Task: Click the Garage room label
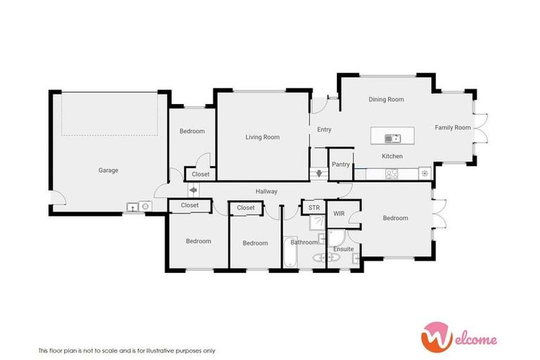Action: click(108, 170)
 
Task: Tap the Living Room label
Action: click(262, 137)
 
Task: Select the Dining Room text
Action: click(386, 100)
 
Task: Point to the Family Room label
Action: click(452, 127)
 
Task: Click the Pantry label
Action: click(341, 165)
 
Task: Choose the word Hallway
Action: click(266, 191)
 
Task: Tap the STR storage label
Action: click(314, 207)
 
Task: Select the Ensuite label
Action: click(344, 249)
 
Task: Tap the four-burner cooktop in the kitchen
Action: click(392, 172)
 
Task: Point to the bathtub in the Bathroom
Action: click(290, 252)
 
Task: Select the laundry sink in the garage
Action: click(131, 207)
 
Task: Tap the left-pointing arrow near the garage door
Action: click(193, 190)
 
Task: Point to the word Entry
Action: click(324, 129)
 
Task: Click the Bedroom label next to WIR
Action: click(395, 218)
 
